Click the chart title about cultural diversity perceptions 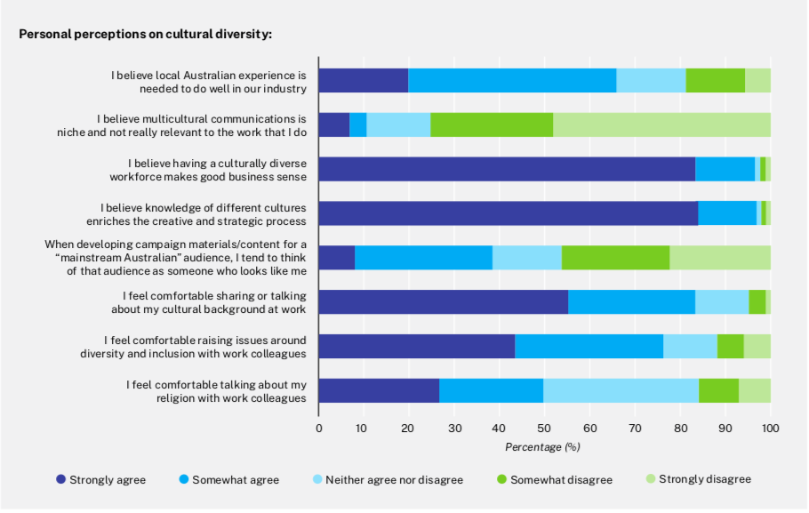coord(145,35)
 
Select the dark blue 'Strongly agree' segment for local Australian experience coord(364,80)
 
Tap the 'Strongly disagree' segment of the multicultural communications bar coord(661,124)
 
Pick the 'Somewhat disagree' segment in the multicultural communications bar coord(492,124)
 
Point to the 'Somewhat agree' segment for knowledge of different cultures coord(727,213)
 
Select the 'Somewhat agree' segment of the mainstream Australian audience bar coord(423,257)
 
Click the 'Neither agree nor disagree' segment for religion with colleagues coord(621,390)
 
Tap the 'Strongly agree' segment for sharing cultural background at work coord(443,301)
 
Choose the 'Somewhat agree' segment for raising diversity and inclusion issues coord(589,346)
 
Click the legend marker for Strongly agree coord(61,480)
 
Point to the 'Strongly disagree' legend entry coord(698,479)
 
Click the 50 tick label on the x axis coord(544,429)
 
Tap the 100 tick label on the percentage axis coord(770,429)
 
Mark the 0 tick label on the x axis coord(319,429)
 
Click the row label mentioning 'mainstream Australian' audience coord(175,257)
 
